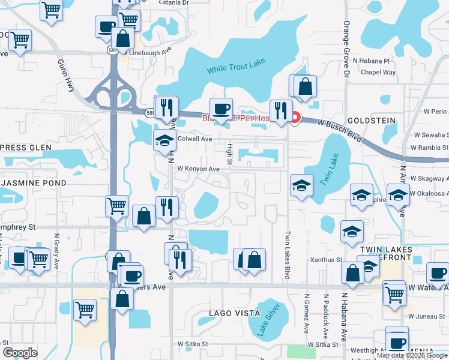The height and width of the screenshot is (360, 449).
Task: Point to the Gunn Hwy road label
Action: click(x=68, y=75)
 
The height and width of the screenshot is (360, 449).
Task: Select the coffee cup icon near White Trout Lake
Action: click(x=221, y=109)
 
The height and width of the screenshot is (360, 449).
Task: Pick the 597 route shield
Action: click(x=113, y=51)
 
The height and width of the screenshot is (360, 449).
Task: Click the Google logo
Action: click(x=20, y=353)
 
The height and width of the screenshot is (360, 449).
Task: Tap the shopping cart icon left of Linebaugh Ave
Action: click(x=20, y=41)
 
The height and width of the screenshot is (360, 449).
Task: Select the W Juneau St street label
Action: click(x=427, y=316)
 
